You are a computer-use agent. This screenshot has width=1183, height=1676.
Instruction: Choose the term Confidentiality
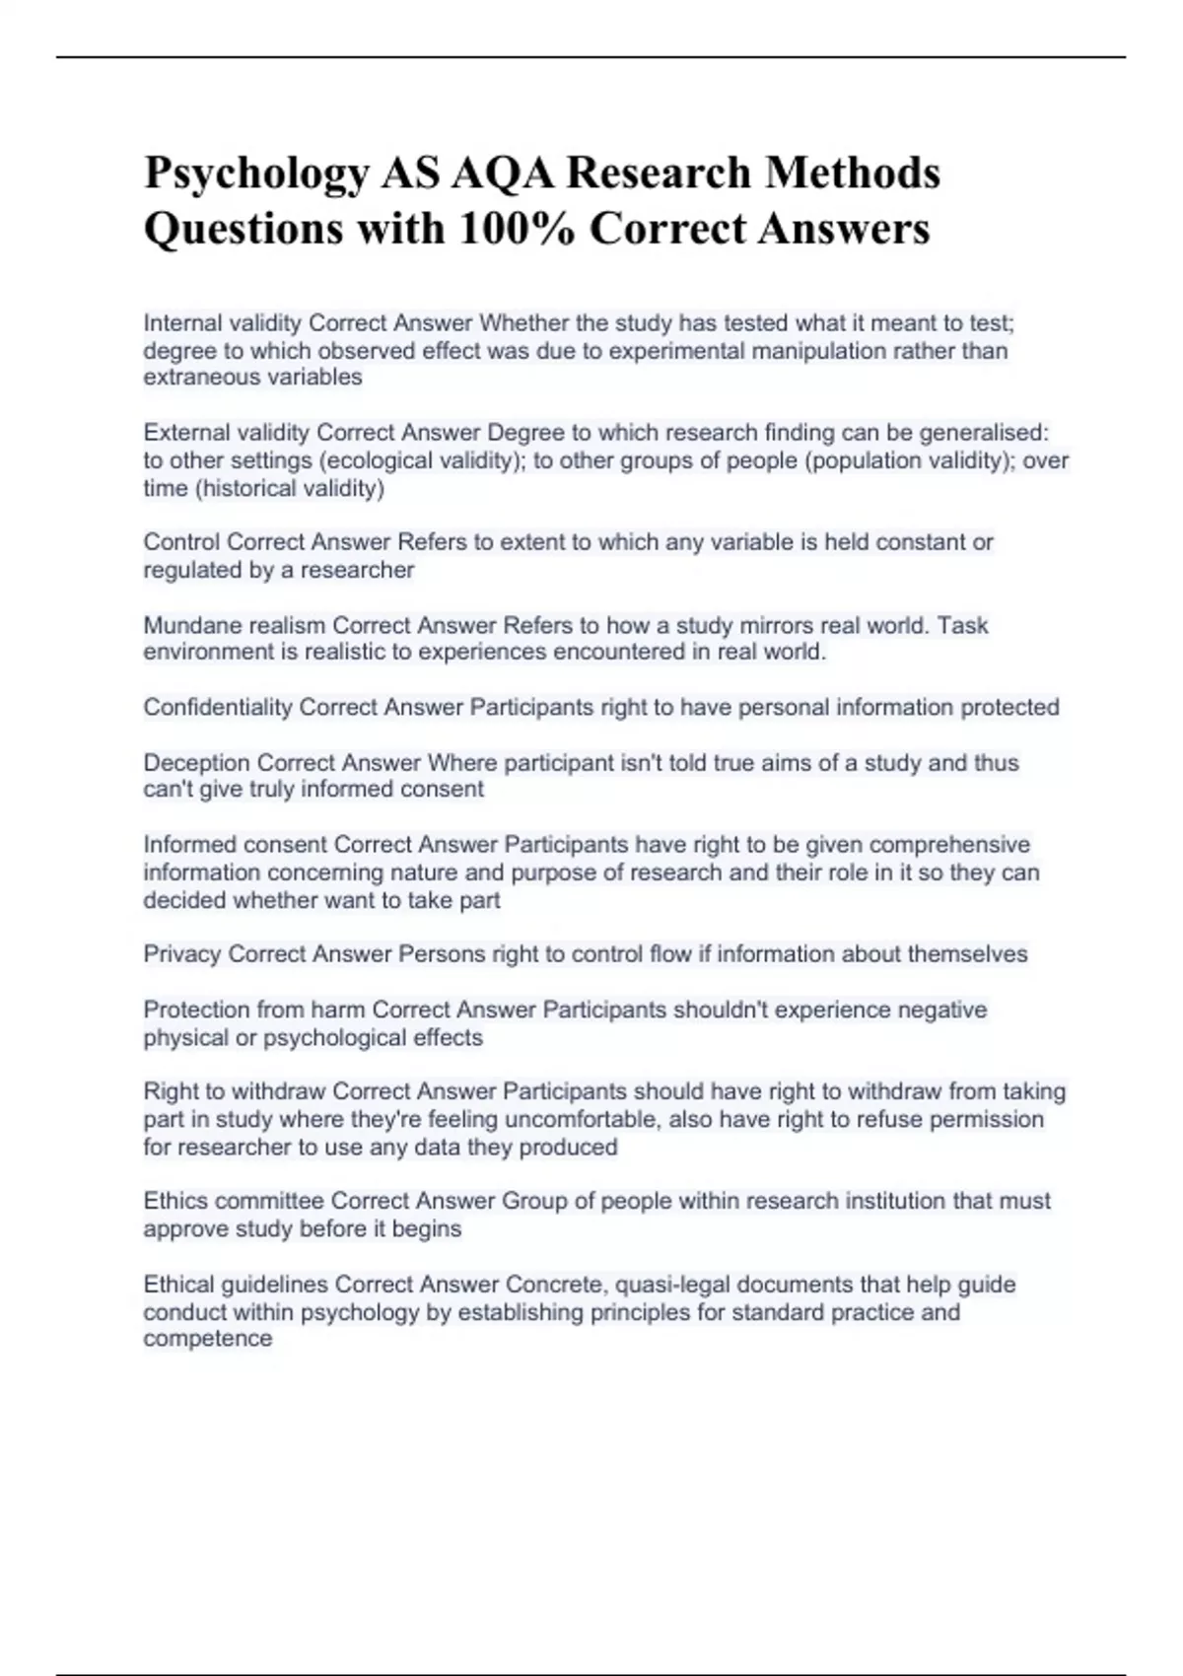tap(218, 707)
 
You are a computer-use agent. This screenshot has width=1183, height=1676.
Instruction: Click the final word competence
tap(208, 1339)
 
